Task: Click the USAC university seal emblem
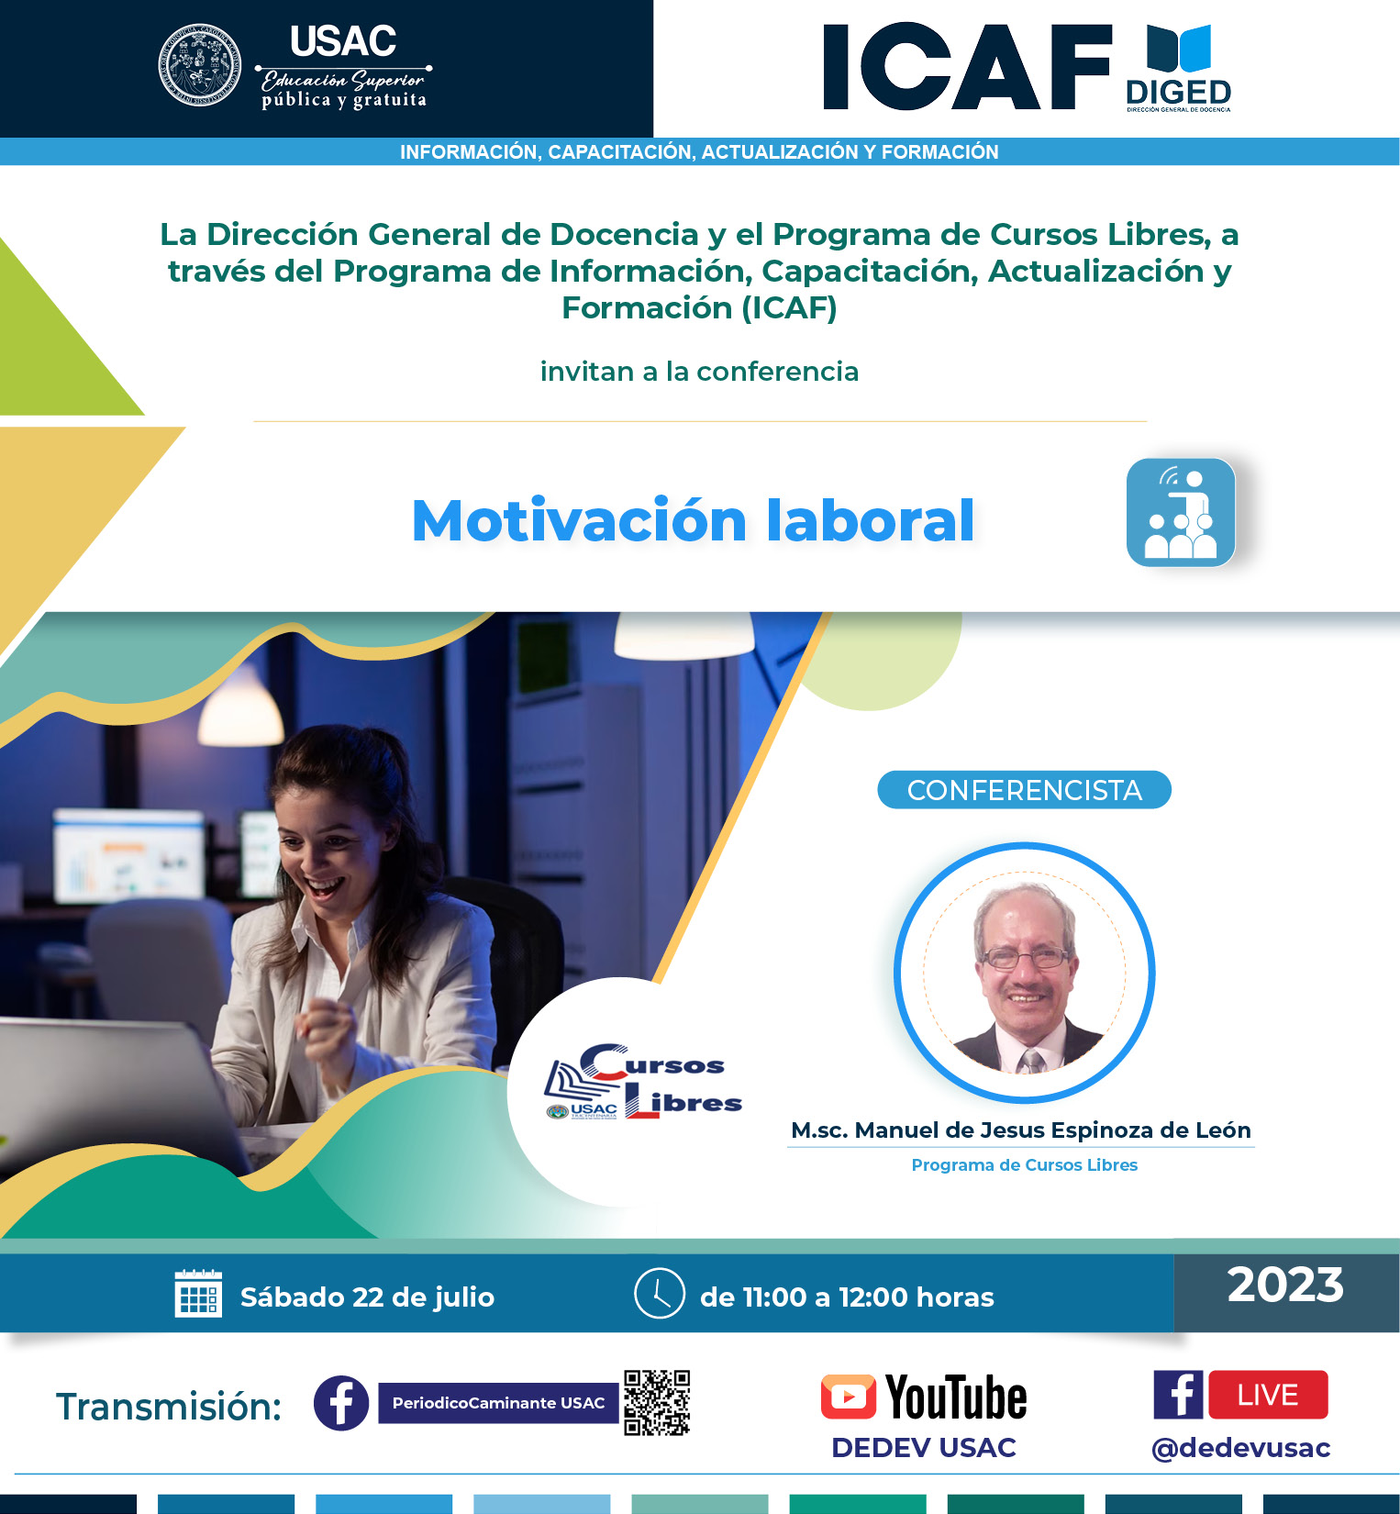(x=200, y=65)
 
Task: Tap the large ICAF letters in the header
(x=967, y=67)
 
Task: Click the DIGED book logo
(x=1179, y=68)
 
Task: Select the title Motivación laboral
(x=693, y=520)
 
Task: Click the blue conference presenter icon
(x=1181, y=512)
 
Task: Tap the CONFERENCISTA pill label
(x=1024, y=790)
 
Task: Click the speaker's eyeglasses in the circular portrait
(x=1026, y=959)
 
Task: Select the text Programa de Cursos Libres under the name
(x=1024, y=1165)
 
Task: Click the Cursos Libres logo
(x=643, y=1083)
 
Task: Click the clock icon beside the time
(x=659, y=1293)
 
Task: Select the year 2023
(x=1285, y=1285)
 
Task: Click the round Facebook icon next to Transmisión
(x=341, y=1403)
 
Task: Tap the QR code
(x=657, y=1403)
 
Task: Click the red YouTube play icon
(x=848, y=1397)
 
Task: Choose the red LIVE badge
(x=1268, y=1395)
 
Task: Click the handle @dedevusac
(x=1240, y=1448)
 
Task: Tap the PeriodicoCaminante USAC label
(x=498, y=1403)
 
